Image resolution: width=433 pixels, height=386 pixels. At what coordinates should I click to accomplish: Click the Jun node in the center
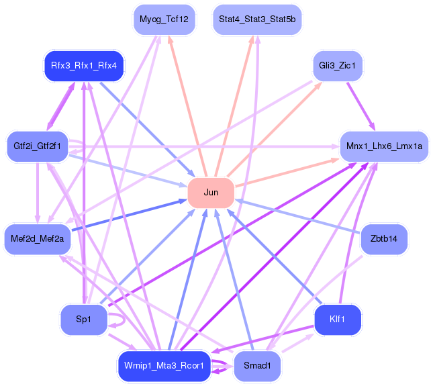coord(211,193)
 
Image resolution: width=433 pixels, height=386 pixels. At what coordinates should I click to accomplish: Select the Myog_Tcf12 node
coord(164,19)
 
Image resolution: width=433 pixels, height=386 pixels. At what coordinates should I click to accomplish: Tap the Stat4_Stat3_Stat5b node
coord(257,19)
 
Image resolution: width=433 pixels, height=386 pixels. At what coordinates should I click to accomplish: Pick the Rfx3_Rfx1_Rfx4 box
coord(84,66)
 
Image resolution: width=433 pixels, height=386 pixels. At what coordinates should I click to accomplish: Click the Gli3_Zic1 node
coord(337,66)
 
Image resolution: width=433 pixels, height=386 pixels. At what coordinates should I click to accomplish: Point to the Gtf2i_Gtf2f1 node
coord(38,146)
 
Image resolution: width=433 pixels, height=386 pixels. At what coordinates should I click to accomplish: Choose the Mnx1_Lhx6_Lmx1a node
coord(384,146)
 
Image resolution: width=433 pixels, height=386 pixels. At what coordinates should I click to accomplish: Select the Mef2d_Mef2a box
coord(38,239)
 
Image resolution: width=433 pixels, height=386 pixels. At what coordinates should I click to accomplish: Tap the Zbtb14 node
coord(384,239)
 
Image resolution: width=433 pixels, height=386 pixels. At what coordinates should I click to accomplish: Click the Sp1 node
coord(84,320)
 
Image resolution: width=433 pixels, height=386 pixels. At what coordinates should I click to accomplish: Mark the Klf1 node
coord(338,320)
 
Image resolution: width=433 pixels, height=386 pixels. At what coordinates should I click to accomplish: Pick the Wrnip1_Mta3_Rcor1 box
coord(164,366)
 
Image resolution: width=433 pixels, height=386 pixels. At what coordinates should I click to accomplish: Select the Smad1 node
coord(257,366)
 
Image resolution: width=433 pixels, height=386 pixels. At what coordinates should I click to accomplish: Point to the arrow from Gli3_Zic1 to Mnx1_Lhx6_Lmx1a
coord(361,106)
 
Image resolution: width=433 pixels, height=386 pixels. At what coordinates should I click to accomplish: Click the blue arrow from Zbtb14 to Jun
coord(297,216)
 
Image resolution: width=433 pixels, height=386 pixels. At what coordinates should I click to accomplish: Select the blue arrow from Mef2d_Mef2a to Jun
coord(130,215)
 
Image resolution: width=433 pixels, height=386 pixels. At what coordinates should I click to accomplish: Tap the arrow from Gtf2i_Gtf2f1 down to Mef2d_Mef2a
coord(38,193)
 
